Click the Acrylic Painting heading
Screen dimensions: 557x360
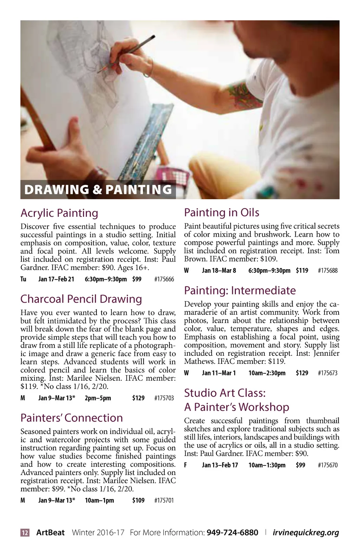click(x=59, y=213)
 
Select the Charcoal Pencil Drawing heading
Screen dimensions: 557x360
click(x=81, y=299)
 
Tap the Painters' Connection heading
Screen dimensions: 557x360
click(x=72, y=418)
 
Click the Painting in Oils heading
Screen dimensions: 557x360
click(x=221, y=213)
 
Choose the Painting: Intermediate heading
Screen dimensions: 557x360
click(x=240, y=291)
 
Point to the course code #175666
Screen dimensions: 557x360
click(x=164, y=279)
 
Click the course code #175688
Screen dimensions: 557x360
click(x=328, y=271)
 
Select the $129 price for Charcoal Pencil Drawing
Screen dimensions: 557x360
click(x=138, y=398)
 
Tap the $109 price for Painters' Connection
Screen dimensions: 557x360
click(x=138, y=500)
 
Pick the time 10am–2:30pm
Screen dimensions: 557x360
click(x=267, y=373)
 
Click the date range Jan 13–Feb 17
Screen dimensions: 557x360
click(x=220, y=465)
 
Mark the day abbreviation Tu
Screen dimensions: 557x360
click(x=23, y=279)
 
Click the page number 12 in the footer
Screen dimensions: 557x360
click(x=25, y=533)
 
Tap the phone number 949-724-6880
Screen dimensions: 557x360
click(x=232, y=533)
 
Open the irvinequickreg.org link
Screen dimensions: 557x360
click(x=306, y=533)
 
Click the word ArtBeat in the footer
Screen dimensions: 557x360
click(x=50, y=533)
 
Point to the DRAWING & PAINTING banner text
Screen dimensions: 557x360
click(x=98, y=190)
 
